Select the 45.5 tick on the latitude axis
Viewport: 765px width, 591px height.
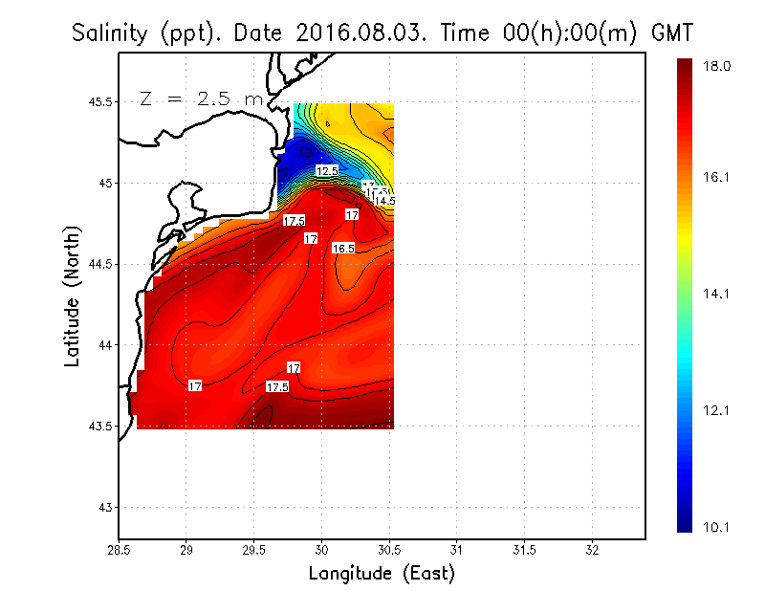[96, 102]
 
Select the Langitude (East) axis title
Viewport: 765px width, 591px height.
[382, 574]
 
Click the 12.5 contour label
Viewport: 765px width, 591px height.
[327, 171]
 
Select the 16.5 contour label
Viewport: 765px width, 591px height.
[343, 249]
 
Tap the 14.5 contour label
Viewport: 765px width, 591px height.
[384, 201]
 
